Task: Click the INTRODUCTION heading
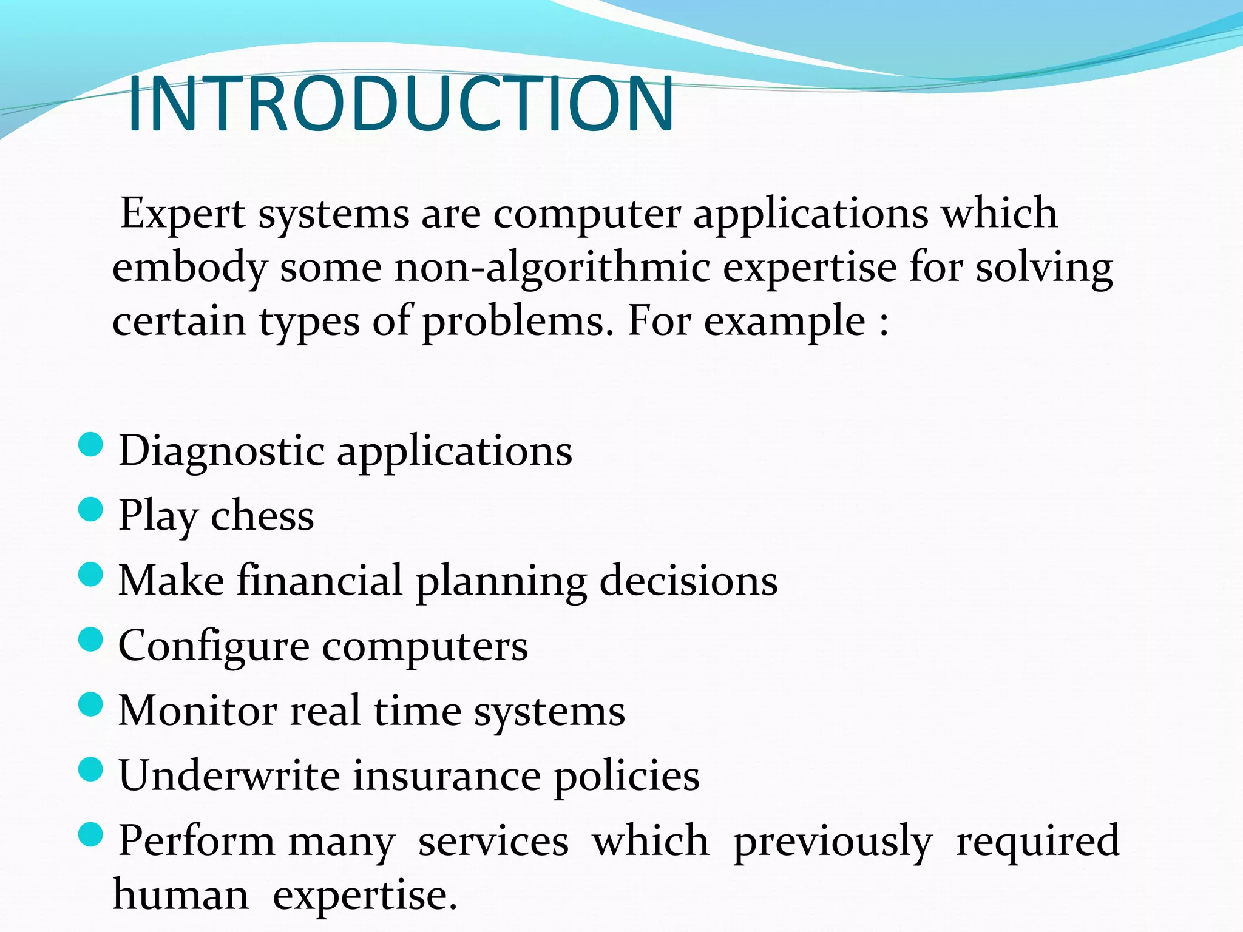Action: (401, 104)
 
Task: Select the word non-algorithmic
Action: (552, 268)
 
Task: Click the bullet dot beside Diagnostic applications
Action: (91, 444)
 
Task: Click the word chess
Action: (262, 516)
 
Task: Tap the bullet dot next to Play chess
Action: (91, 509)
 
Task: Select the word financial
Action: (319, 580)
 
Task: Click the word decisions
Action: (688, 581)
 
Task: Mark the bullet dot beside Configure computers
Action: (91, 640)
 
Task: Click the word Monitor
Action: (197, 711)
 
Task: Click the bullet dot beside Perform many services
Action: (91, 834)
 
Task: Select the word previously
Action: (832, 842)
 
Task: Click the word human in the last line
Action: (181, 896)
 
